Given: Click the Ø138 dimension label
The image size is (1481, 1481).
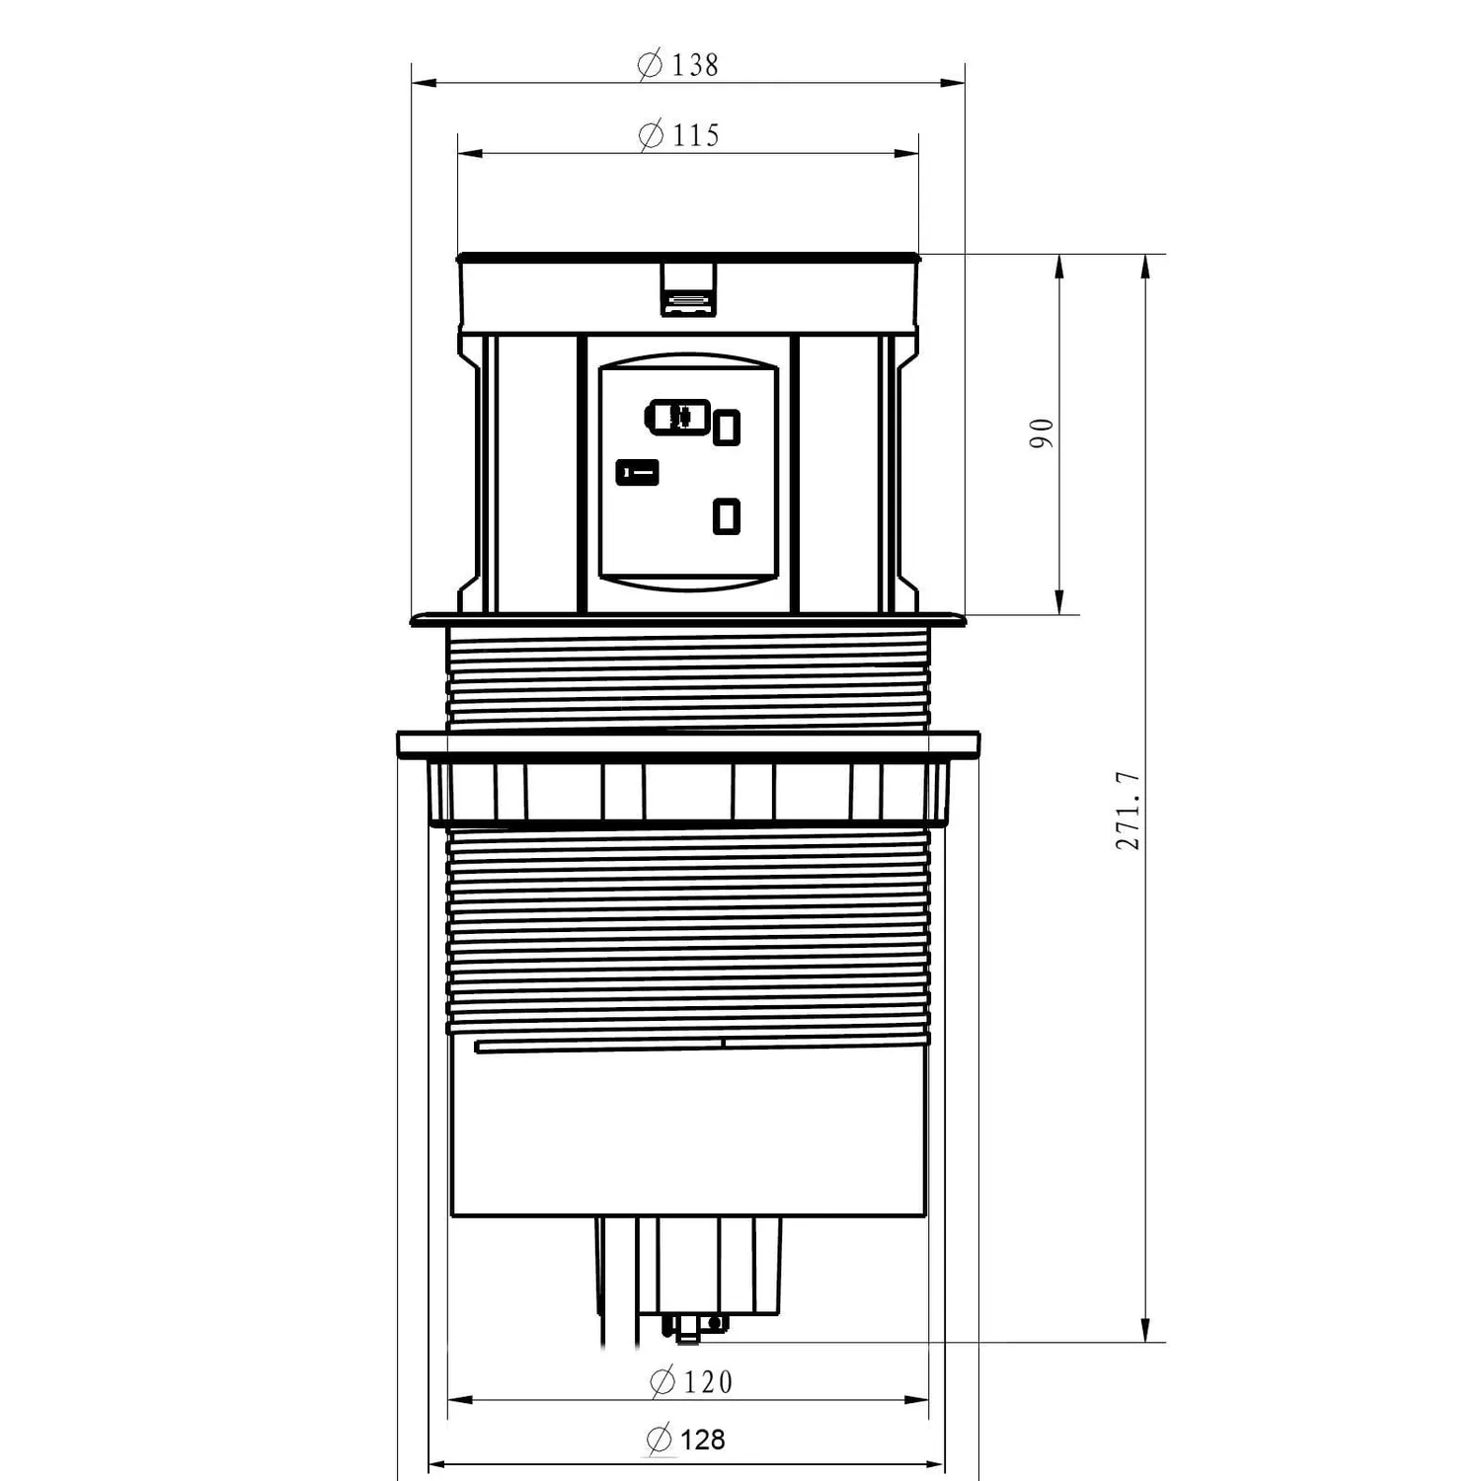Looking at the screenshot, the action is click(x=678, y=65).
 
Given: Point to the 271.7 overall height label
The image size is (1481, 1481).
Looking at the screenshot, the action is click(x=1128, y=811).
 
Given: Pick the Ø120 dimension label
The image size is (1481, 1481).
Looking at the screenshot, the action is click(x=691, y=1381).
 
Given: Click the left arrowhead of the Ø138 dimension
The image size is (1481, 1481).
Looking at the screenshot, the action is click(x=424, y=83).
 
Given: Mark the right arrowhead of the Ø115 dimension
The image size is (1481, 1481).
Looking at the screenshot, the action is click(x=906, y=153).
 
